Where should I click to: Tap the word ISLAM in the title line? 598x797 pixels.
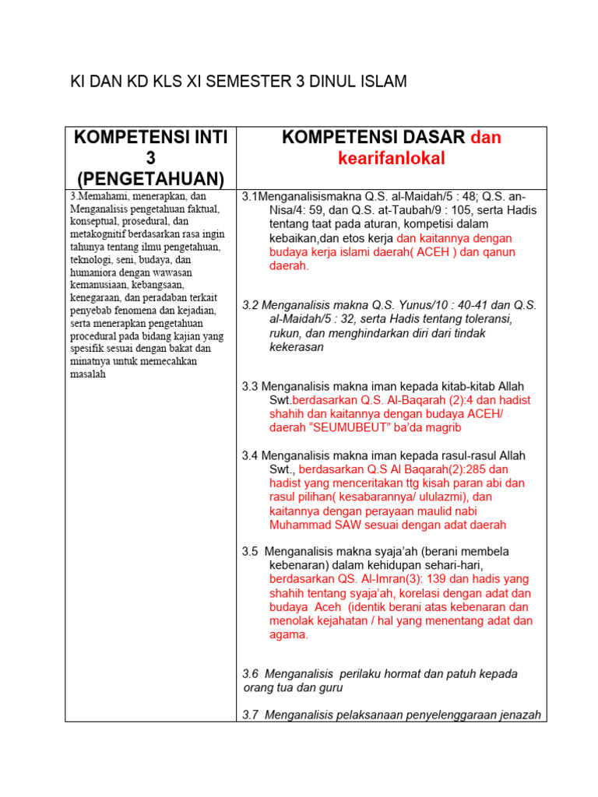(x=379, y=82)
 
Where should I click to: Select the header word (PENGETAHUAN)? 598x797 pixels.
(x=150, y=180)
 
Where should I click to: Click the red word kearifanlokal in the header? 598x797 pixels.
(x=391, y=159)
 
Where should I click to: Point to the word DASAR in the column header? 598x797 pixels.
(x=426, y=138)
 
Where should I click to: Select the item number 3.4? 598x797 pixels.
(x=250, y=455)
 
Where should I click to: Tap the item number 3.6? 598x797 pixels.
(x=251, y=673)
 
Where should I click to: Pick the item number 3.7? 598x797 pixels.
(x=251, y=714)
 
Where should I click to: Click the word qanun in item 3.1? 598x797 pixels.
(x=493, y=252)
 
